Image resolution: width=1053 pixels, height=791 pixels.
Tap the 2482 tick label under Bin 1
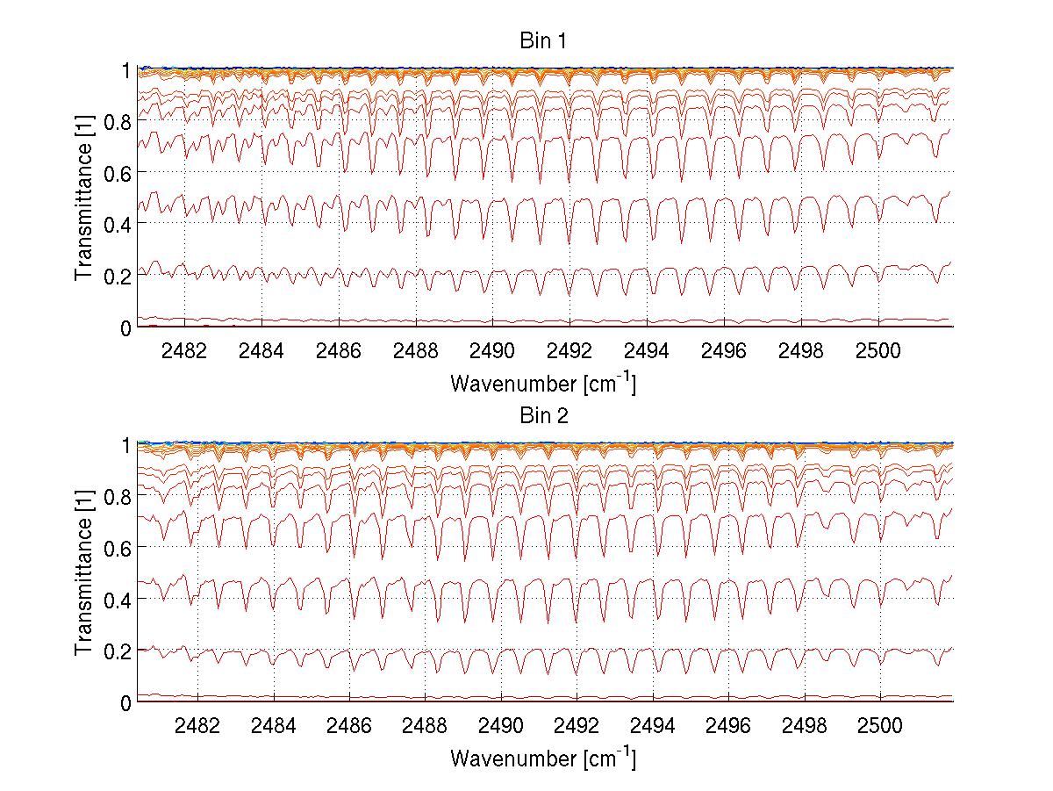pos(184,351)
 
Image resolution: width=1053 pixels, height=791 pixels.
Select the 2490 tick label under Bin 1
pos(492,351)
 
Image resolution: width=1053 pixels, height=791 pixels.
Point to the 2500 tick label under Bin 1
pos(878,351)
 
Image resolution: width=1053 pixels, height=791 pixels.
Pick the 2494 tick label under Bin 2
pos(653,727)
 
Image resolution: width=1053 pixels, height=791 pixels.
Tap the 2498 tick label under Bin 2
pos(805,727)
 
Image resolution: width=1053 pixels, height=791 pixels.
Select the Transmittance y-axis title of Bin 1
pos(84,198)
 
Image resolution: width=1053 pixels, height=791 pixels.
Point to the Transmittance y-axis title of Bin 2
pos(84,573)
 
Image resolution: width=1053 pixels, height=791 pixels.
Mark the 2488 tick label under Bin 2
pos(426,727)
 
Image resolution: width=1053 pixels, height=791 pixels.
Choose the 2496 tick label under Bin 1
pos(724,351)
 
